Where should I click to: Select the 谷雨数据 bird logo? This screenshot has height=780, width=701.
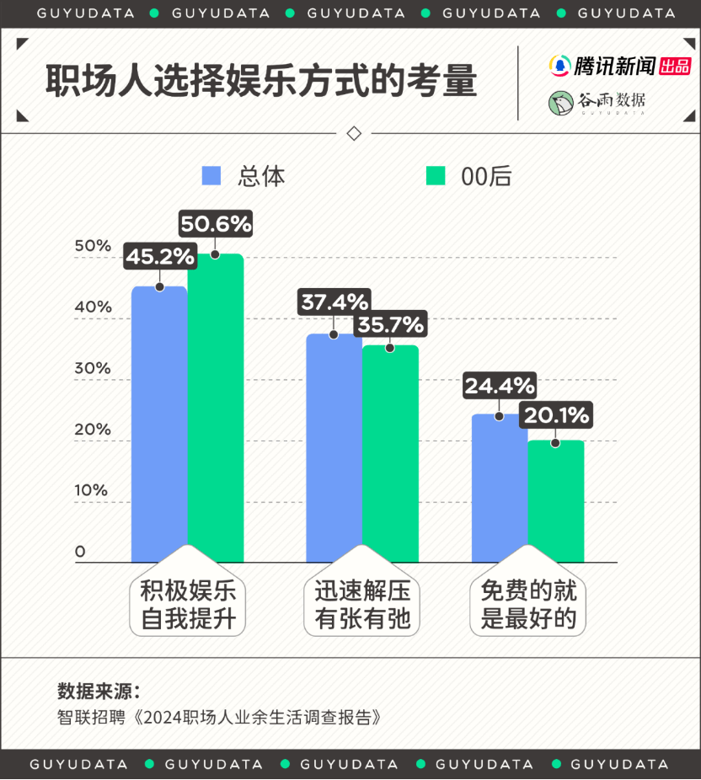click(559, 102)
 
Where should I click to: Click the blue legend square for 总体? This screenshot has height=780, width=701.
click(211, 175)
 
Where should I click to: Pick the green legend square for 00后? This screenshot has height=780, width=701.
click(436, 175)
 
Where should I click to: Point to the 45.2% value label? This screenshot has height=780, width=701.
click(160, 256)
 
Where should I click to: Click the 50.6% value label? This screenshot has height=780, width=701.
click(216, 224)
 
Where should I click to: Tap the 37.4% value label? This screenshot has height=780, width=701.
click(334, 302)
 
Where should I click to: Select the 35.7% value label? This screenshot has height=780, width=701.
click(390, 324)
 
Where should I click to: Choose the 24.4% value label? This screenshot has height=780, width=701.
click(500, 387)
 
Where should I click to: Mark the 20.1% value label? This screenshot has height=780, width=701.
click(555, 414)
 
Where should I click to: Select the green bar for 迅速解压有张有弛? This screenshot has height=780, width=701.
click(390, 455)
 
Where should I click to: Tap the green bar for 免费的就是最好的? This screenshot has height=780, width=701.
click(555, 501)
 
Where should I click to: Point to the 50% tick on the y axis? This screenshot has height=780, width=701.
click(93, 246)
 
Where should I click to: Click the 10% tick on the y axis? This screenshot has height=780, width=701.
click(93, 490)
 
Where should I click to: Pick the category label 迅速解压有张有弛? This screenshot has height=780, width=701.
click(362, 606)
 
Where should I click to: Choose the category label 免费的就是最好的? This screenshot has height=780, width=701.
click(528, 606)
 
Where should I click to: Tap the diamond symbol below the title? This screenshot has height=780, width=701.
click(354, 133)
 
